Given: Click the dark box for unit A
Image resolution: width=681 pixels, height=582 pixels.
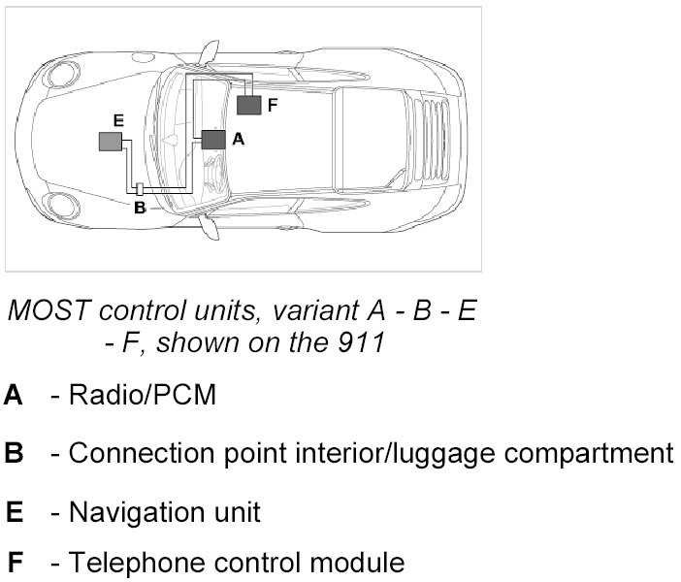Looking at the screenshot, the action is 213,140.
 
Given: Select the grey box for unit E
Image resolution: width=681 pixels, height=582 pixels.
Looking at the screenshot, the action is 111,142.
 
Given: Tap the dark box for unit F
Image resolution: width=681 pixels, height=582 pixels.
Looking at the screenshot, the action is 249,105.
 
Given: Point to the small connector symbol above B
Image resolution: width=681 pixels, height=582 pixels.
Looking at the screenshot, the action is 139,190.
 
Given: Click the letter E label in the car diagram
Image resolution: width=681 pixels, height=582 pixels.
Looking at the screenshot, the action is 117,120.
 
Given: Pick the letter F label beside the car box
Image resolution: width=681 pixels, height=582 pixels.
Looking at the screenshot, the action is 273,105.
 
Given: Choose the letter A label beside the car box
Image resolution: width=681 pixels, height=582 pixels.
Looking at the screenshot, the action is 239,140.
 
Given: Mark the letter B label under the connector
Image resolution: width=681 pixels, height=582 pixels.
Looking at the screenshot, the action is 139,208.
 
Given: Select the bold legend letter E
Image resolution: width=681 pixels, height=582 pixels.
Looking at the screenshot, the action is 14,510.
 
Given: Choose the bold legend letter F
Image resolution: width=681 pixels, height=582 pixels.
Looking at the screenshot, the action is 15,562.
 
